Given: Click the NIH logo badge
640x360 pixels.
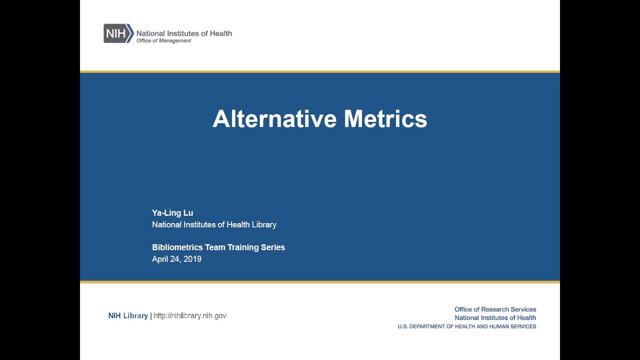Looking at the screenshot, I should tap(118, 33).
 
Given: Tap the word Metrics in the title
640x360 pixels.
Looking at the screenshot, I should tap(385, 119).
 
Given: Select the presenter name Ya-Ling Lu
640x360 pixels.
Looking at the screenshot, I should tap(172, 213).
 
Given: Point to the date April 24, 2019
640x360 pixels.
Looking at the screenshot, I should tap(176, 259).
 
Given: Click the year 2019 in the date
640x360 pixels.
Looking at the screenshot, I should tap(192, 259).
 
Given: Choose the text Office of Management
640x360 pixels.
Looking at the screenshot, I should tap(163, 41).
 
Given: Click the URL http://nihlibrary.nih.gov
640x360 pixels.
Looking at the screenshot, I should tap(190, 315).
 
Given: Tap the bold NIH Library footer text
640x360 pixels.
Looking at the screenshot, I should tap(128, 315).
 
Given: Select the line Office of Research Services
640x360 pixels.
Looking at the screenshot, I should tap(495, 309).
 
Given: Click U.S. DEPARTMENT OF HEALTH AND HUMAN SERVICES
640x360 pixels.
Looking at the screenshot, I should tap(467, 326).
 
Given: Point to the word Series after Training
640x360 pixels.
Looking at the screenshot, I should tap(273, 247).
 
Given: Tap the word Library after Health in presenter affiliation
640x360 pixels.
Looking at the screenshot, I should tap(263, 225).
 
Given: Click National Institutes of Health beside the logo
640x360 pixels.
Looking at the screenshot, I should tap(184, 33).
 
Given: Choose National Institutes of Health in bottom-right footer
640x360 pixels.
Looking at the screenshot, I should tap(495, 318).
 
